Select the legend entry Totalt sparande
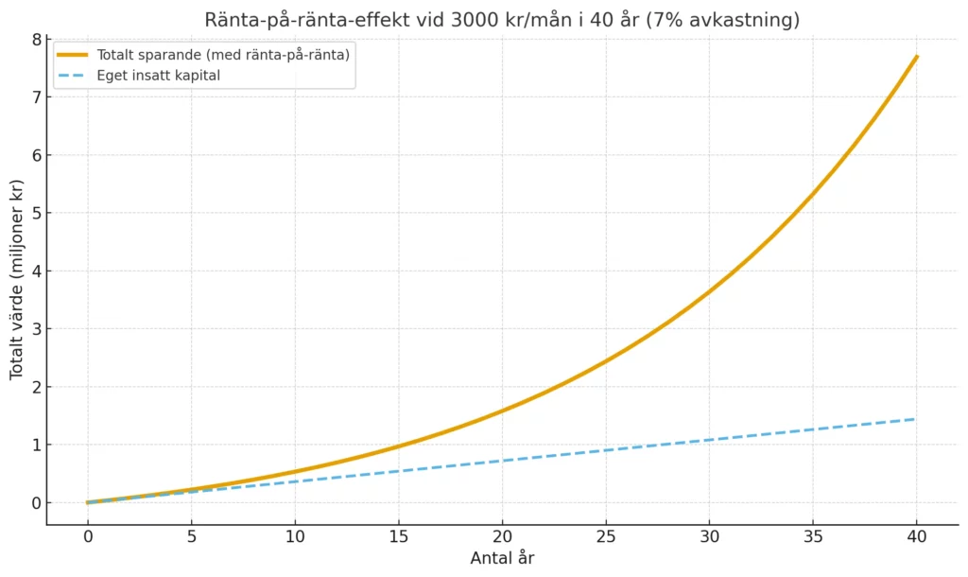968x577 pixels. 204,56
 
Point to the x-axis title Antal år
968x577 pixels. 502,558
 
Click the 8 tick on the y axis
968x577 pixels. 37,40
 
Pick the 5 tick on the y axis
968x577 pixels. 37,214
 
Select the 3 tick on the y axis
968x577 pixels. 37,329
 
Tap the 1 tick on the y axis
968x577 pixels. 37,446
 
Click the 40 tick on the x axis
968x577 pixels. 916,536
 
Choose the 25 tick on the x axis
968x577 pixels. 606,536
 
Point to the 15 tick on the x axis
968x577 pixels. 399,536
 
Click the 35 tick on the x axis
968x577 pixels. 813,536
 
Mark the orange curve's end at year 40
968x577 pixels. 916,57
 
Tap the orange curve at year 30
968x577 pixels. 709,291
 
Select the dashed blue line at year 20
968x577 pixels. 502,461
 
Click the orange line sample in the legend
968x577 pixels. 72,56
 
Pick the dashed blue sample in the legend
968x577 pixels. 72,76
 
